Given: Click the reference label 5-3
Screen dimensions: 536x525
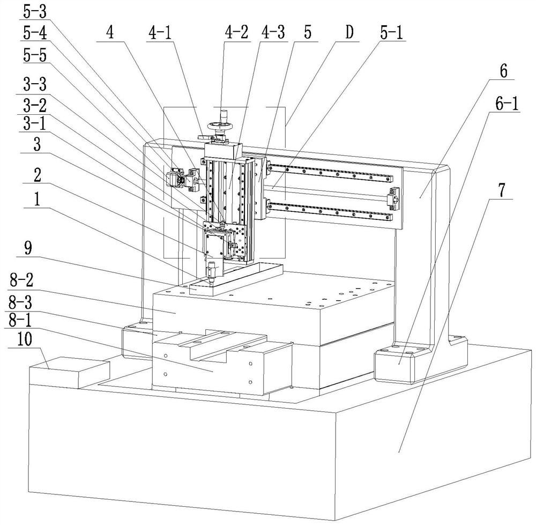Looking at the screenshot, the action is pos(35,12).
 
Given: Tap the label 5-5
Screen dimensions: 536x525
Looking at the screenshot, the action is pos(35,55).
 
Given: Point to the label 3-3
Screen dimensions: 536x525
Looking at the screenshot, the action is pos(35,84).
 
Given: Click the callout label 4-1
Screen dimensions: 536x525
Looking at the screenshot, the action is pos(160,33).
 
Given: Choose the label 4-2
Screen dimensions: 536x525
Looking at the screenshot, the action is pos(236,33).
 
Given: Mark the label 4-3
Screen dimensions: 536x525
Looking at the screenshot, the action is pos(273,33).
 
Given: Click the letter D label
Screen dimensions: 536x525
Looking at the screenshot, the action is pos(349,33).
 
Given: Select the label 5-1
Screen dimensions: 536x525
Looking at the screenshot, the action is pos(391,33).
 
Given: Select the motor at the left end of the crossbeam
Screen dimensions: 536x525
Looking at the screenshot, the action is pos(175,179).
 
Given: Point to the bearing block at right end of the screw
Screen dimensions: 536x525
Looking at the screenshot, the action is pos(394,198).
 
